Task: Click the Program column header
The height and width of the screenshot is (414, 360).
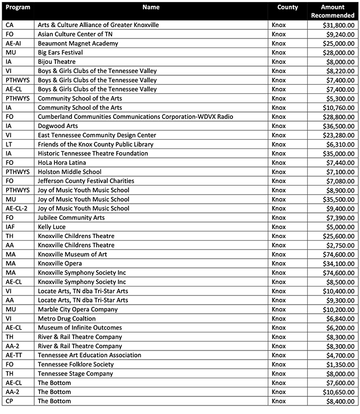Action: tap(18, 7)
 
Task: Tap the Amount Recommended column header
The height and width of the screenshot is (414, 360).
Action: tap(333, 11)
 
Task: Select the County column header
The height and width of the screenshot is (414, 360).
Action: tap(287, 7)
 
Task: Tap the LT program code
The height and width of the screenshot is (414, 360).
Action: tap(9, 145)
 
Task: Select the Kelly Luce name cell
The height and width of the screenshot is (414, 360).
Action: tap(52, 227)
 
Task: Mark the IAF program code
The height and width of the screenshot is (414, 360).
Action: tap(11, 227)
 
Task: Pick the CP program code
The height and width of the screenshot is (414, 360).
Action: tap(9, 401)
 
